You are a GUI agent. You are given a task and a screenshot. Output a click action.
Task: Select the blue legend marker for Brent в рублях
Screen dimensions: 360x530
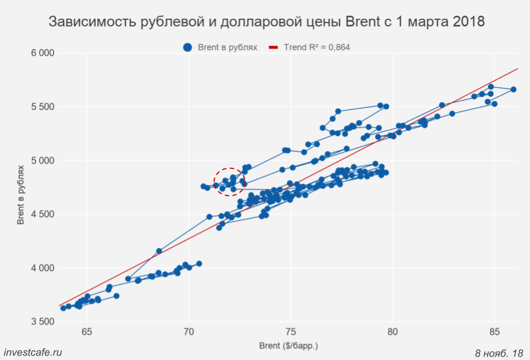point(188,47)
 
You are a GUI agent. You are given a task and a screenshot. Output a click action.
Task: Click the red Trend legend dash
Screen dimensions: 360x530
point(274,47)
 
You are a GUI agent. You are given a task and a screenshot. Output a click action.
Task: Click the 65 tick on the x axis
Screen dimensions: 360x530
point(87,332)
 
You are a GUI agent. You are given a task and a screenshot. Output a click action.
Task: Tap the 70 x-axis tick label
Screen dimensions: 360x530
point(189,332)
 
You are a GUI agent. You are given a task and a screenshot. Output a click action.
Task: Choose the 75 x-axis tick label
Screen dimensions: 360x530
point(291,332)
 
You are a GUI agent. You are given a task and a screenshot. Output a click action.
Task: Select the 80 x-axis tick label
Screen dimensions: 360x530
point(393,332)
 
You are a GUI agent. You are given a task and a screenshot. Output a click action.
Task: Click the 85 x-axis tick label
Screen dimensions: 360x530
point(495,332)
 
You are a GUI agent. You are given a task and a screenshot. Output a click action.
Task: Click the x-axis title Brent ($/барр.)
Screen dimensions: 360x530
point(288,346)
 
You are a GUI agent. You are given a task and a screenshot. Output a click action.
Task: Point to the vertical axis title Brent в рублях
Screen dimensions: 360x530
point(21,193)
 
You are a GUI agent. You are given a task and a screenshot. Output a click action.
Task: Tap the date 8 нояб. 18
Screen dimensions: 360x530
point(498,352)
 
